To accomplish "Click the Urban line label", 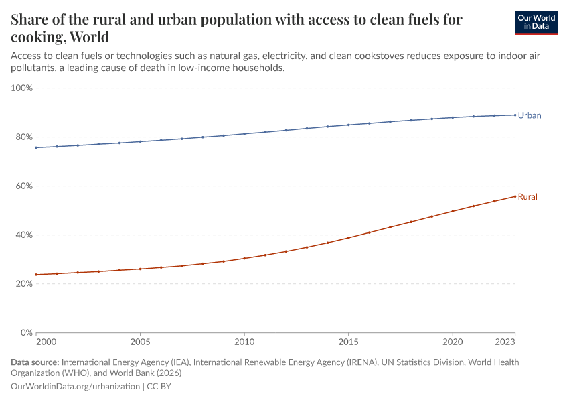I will point(530,115).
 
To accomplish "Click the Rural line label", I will point(527,197).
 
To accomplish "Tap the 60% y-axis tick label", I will point(23,186).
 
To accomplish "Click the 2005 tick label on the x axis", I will point(140,342).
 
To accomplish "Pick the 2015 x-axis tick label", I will point(348,342).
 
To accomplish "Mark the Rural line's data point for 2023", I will point(515,196).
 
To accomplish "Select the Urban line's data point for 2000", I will point(36,147).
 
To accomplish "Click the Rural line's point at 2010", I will point(244,258).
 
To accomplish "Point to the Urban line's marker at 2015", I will point(348,125).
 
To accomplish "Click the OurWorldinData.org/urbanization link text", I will point(75,386).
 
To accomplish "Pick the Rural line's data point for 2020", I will point(453,211).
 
